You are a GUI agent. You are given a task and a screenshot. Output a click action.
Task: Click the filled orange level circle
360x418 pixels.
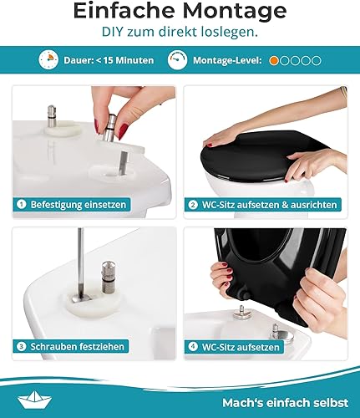[274, 61]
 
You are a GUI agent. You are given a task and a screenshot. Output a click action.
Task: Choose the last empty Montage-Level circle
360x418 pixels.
[317, 61]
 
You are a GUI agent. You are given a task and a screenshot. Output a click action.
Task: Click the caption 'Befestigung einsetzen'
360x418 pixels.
[80, 203]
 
